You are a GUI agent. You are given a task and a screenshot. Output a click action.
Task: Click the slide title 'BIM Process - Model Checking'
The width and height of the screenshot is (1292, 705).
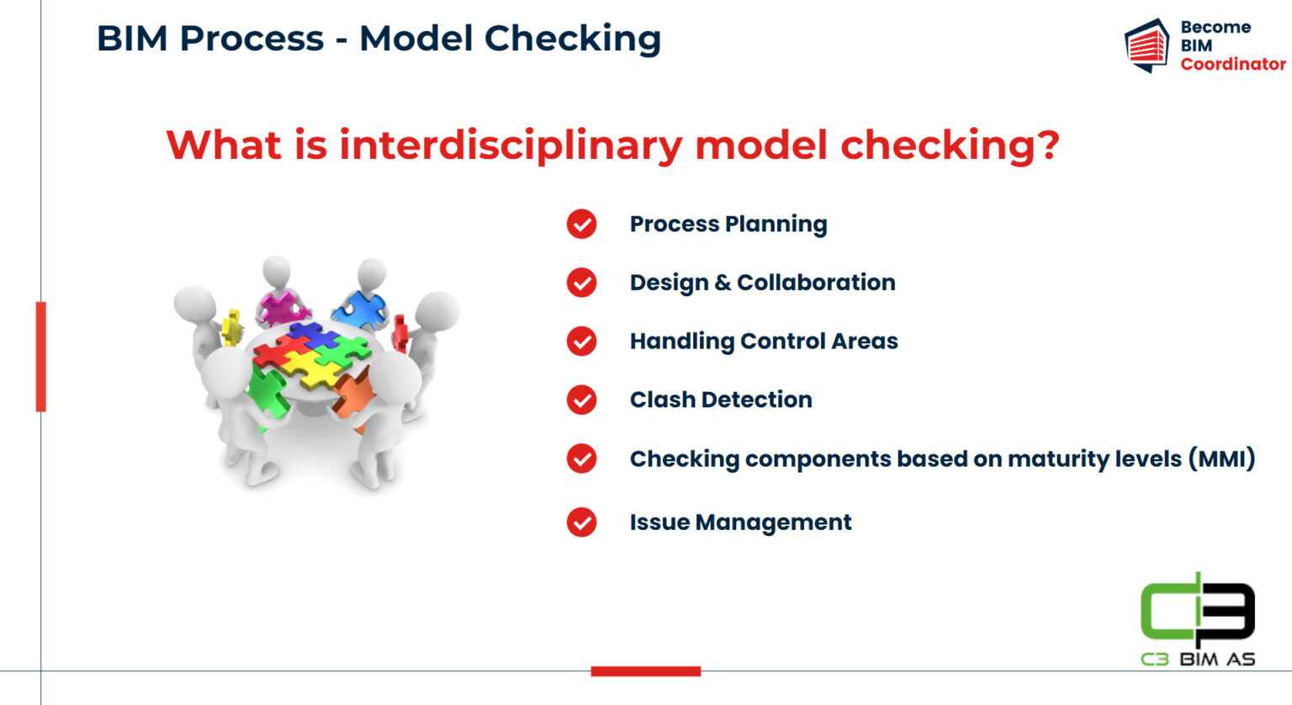(379, 39)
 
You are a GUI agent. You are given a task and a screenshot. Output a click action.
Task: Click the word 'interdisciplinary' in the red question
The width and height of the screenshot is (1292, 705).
(511, 145)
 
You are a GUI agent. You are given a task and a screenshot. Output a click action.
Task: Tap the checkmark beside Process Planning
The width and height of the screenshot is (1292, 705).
(581, 224)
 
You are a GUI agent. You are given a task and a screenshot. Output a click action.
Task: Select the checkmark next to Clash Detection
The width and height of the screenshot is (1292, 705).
(581, 400)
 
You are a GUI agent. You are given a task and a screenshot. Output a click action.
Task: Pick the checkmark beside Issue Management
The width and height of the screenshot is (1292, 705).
(581, 522)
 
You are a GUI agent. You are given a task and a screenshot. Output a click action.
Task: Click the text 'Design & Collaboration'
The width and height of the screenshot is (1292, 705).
(762, 283)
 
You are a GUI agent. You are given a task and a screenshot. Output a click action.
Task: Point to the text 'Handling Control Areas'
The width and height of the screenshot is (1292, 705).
(763, 341)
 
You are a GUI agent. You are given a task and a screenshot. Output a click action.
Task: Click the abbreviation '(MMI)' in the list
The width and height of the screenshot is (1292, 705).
(1221, 459)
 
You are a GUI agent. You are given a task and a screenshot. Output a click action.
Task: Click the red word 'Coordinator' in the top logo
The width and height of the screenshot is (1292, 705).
(1232, 64)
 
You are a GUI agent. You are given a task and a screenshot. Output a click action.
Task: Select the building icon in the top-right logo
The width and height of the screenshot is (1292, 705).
(1146, 45)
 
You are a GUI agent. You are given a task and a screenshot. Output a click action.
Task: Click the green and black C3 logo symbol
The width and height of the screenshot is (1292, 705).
(1197, 610)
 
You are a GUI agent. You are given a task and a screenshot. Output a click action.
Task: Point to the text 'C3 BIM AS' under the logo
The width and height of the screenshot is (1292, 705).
(1197, 659)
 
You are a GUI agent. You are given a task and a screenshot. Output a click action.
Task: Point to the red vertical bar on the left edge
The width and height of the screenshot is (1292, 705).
(40, 356)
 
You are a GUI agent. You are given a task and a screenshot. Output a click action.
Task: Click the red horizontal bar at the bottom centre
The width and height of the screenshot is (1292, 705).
(645, 671)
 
